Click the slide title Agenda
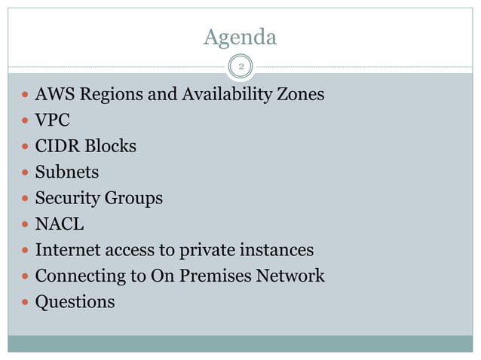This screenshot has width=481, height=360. click(240, 36)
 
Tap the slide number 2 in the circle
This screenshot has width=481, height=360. click(240, 68)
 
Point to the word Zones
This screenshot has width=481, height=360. click(299, 95)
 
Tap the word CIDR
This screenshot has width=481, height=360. click(56, 146)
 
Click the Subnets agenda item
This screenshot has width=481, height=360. click(67, 172)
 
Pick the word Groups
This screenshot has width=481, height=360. click(135, 199)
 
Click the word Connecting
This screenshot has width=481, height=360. click(80, 276)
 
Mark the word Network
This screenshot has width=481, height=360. click(290, 276)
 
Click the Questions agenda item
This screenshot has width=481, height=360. click(75, 302)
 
